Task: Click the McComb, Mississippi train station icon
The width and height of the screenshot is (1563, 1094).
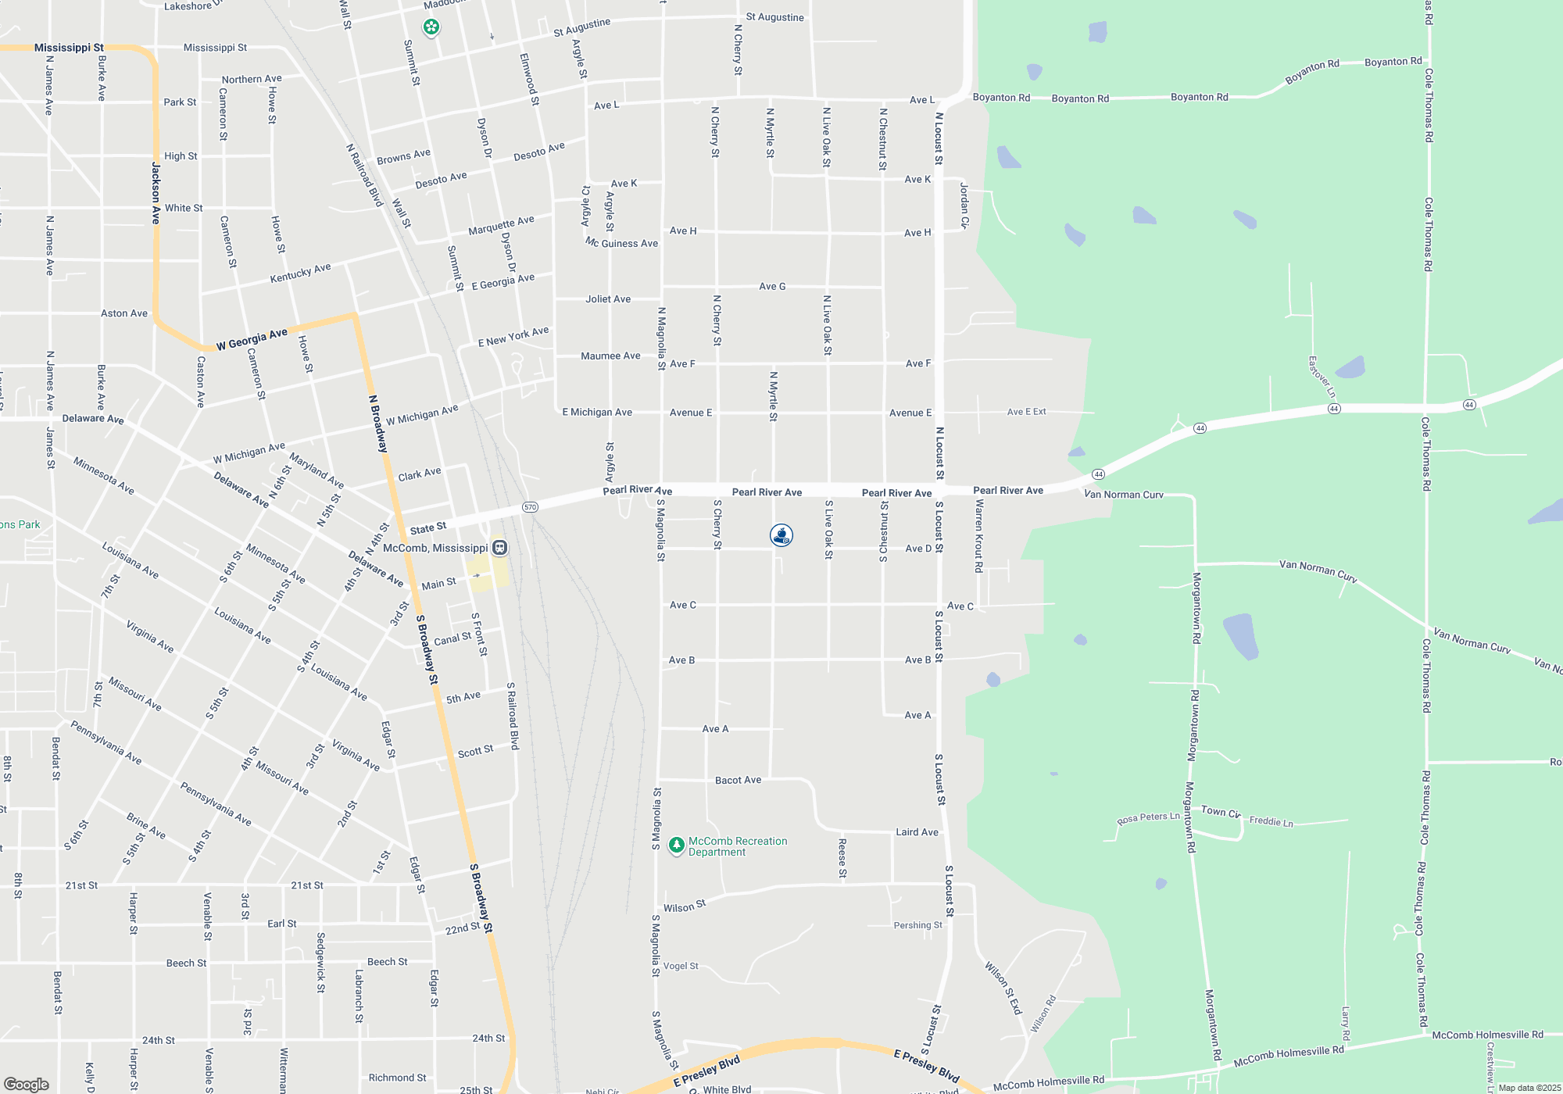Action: (500, 548)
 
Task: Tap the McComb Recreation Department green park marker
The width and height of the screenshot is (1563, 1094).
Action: (677, 846)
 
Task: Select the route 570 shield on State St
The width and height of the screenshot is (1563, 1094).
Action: (531, 507)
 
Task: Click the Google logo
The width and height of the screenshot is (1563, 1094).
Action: (26, 1085)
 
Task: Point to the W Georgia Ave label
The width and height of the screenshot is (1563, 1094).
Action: (252, 340)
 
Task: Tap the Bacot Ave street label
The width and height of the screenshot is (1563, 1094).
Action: (738, 780)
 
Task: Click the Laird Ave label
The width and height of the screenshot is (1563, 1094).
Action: (917, 832)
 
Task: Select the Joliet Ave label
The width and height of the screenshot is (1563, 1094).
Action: (608, 299)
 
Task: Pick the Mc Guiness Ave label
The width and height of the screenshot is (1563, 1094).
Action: (622, 243)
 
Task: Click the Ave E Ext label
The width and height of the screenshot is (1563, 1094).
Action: (1026, 412)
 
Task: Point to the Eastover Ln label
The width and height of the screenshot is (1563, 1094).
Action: (1322, 377)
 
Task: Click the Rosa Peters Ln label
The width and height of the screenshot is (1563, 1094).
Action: (1148, 818)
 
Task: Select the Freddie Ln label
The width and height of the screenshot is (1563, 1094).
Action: (1271, 821)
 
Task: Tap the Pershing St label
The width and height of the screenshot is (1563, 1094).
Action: (917, 925)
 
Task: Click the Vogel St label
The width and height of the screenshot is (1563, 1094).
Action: (681, 967)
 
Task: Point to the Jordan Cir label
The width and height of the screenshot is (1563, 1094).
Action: (964, 206)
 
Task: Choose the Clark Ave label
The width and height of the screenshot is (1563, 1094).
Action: (420, 474)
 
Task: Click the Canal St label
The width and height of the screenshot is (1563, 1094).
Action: (452, 639)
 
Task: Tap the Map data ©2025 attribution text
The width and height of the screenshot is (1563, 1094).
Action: (1529, 1088)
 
